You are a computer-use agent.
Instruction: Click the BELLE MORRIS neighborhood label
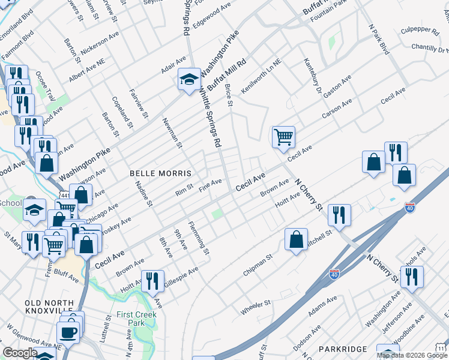tap(161, 173)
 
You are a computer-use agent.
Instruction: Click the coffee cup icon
tap(68, 332)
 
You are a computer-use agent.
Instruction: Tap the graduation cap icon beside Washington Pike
tap(188, 79)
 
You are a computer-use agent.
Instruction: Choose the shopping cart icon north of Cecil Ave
tap(283, 136)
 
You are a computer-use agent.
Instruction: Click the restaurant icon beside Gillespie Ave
tap(152, 280)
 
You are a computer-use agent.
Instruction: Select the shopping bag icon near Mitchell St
tap(297, 239)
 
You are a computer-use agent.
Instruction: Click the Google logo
tap(20, 353)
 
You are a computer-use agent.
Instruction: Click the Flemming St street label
tap(199, 238)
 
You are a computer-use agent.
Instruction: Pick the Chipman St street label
tap(258, 265)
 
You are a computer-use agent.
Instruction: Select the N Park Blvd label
tap(379, 39)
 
